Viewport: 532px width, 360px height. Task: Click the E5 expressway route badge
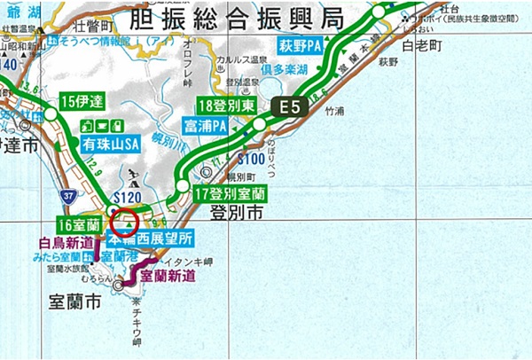(x=291, y=108)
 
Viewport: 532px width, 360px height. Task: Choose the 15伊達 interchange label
(x=82, y=101)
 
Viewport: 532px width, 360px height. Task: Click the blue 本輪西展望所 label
(x=148, y=239)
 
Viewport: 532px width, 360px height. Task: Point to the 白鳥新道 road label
(x=66, y=242)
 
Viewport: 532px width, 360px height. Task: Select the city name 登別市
(x=237, y=214)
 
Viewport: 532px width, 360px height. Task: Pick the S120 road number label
(x=130, y=196)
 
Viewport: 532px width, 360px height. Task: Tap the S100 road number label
(x=252, y=159)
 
